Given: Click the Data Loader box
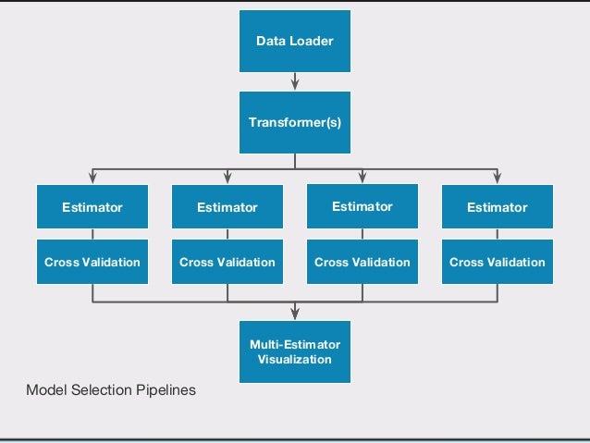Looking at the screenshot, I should [x=294, y=42].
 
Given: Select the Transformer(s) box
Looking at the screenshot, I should [x=294, y=122].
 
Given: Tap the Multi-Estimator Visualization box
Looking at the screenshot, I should [x=294, y=351].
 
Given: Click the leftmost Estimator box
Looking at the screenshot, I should [x=92, y=207].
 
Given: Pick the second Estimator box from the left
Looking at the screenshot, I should [x=227, y=207].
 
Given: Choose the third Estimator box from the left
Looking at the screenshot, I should [x=362, y=206].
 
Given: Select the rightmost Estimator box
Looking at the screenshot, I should [x=497, y=207].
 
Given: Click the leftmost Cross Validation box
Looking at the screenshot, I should [x=92, y=262].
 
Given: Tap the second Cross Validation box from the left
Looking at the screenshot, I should [x=227, y=262].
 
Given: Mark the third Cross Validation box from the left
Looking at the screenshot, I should [x=362, y=262].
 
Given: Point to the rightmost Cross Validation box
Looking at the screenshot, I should [x=497, y=262].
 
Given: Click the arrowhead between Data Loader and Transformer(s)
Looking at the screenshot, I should [x=294, y=84].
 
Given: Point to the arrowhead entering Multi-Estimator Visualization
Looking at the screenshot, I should [x=294, y=314].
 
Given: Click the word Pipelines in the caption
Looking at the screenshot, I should [x=166, y=391].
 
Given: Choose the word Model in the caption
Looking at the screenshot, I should [x=44, y=391].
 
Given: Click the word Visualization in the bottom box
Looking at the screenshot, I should [x=294, y=359].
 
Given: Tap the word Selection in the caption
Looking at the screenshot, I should [x=101, y=391].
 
